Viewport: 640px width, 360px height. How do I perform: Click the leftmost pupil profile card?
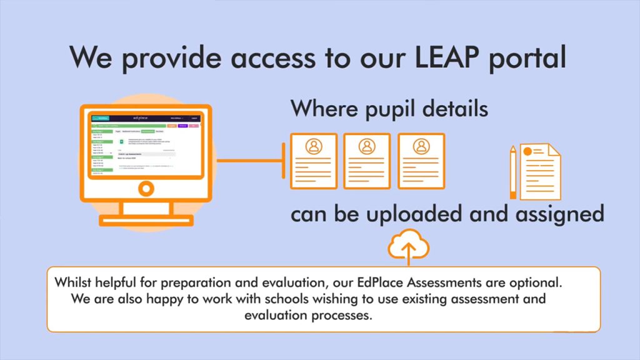tap(313, 161)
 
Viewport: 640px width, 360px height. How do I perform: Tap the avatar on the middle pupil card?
tap(367, 146)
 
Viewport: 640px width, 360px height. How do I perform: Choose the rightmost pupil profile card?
tap(421, 161)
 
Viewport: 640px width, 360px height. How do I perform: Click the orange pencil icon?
tap(513, 172)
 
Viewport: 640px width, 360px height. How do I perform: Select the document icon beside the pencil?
tap(541, 171)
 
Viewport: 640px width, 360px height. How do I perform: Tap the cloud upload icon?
tap(409, 246)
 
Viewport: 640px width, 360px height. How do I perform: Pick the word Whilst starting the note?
tap(73, 282)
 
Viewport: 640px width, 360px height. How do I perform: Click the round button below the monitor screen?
tap(146, 187)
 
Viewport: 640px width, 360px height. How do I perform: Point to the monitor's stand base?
tap(146, 220)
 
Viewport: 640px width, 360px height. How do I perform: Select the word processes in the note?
tap(343, 315)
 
